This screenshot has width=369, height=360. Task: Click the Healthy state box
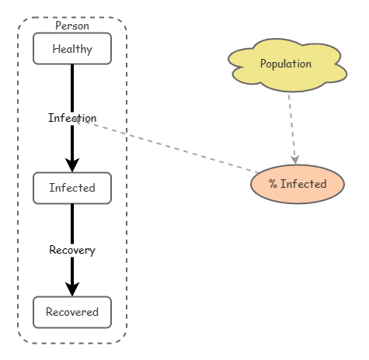coord(72,49)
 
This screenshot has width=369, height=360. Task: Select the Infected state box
coord(72,188)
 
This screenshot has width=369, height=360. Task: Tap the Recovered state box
coord(72,312)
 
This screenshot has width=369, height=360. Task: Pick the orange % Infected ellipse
coord(297,184)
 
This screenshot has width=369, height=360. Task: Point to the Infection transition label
coord(72,118)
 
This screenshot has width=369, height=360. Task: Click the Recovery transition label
coord(72,250)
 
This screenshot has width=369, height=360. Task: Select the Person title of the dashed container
coord(72,26)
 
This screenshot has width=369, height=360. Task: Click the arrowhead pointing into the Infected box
coord(72,165)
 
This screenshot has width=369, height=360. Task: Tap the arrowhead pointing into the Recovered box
coord(72,289)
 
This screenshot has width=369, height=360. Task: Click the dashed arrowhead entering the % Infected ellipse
coord(295,159)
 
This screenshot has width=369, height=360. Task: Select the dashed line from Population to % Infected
coord(291,124)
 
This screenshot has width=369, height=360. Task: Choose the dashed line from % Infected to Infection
coord(171,147)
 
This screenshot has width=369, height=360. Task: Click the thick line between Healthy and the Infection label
coord(72,85)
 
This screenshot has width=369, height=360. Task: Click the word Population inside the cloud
coord(286,64)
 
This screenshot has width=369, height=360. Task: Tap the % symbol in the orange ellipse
coord(273,184)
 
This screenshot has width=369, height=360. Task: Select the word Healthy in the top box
coord(72,50)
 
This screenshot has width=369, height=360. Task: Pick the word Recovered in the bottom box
coord(72,313)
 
